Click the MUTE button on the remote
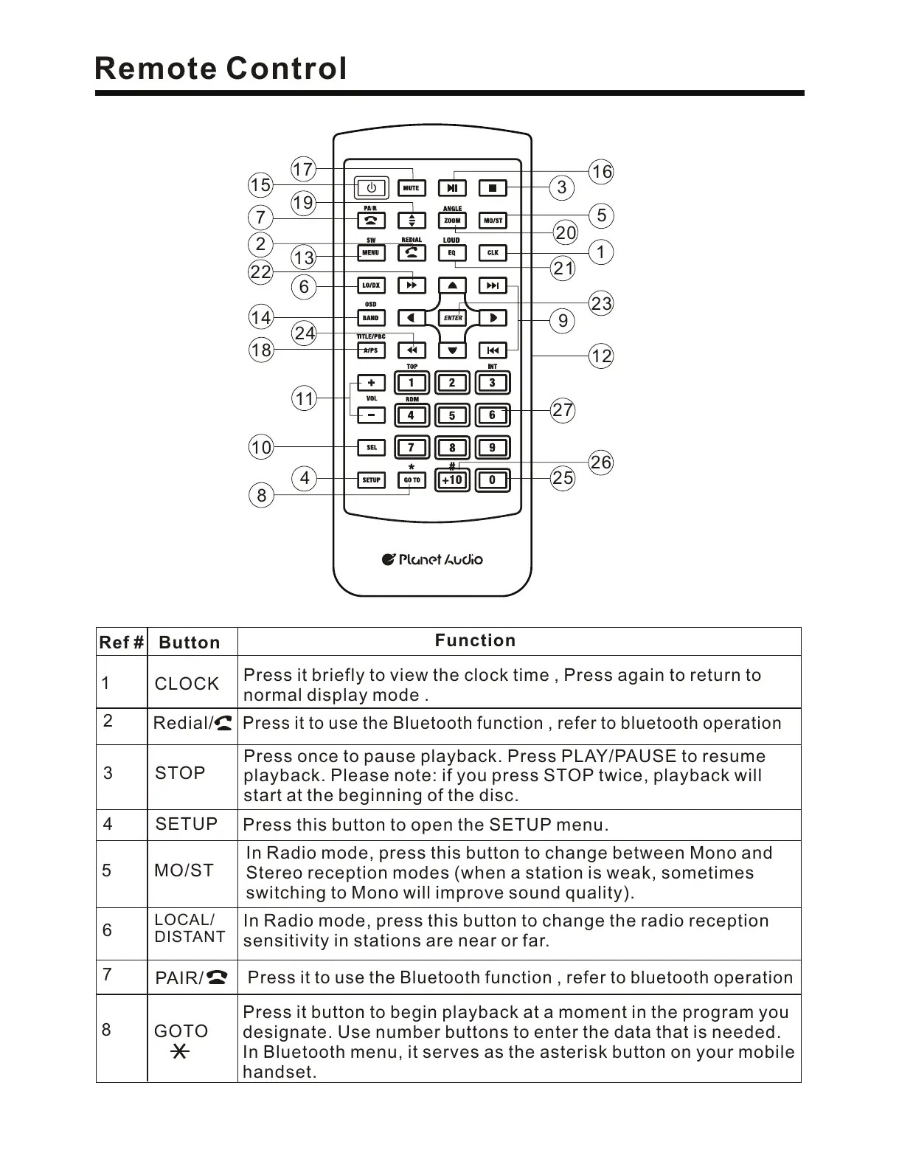coord(411,188)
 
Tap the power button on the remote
coord(372,187)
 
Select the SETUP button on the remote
coord(371,480)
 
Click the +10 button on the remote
coord(451,480)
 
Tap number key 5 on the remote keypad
coord(452,415)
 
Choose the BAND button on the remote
coord(371,318)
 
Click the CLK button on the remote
coord(493,253)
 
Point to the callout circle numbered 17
coord(303,169)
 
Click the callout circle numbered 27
coord(563,410)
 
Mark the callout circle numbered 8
coord(261,496)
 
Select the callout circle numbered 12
coord(602,356)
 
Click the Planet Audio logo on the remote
coord(433,560)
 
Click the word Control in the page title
coord(286,69)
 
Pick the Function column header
coord(475,640)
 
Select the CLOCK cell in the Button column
coord(187,684)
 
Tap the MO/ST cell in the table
coord(184,870)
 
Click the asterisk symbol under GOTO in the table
coord(179,1052)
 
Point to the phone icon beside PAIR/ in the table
coord(218,978)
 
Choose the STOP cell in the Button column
coord(180,773)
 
